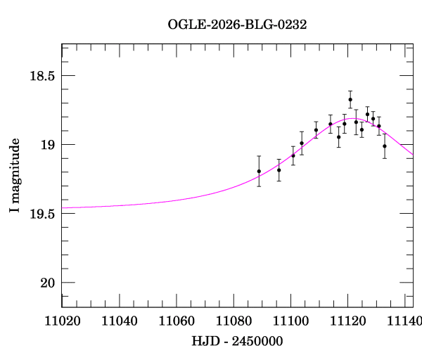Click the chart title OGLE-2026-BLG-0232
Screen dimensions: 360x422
click(x=237, y=24)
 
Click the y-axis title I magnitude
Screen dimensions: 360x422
click(x=15, y=176)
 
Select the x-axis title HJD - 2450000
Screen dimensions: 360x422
click(x=237, y=341)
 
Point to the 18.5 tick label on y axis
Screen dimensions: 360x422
click(x=41, y=75)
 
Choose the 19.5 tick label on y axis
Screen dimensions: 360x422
click(x=41, y=213)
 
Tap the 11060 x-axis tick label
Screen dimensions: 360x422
click(x=179, y=321)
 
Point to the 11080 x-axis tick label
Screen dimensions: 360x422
click(x=237, y=321)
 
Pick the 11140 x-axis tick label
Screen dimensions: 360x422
click(x=408, y=321)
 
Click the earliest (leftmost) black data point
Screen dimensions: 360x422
click(x=259, y=171)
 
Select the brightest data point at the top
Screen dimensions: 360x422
click(x=350, y=99)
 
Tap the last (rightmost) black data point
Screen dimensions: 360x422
click(x=384, y=146)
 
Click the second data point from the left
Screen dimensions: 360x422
click(x=279, y=169)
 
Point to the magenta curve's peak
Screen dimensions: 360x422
click(x=354, y=119)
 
